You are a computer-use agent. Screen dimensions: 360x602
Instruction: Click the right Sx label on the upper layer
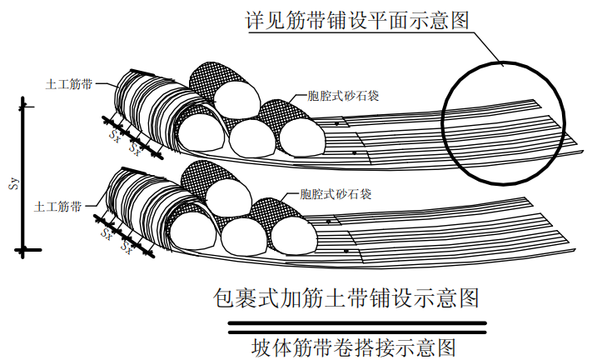pos(135,145)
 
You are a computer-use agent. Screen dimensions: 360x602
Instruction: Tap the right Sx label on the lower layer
pos(127,247)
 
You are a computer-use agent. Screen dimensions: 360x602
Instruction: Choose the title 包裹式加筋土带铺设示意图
pos(346,297)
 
